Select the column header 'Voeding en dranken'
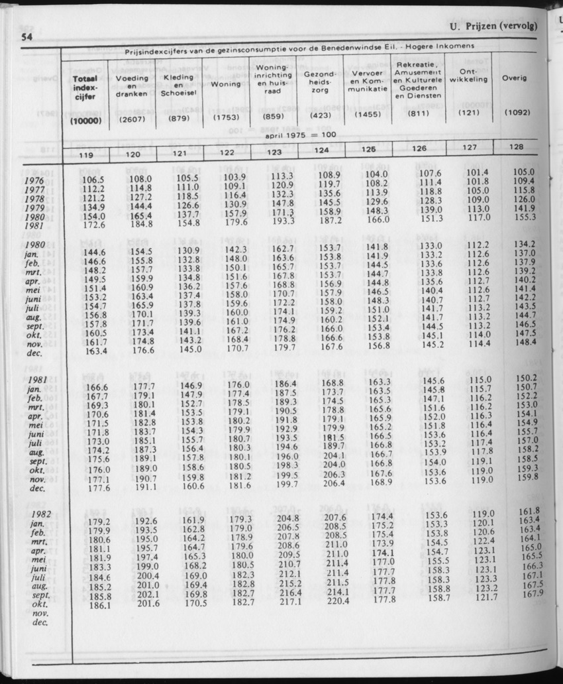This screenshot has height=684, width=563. coord(131,85)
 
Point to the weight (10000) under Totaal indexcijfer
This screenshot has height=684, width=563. coord(84,121)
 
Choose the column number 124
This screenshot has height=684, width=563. coord(322,151)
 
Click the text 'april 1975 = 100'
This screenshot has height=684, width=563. coord(301,135)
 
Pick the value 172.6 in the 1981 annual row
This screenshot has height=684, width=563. coord(93,225)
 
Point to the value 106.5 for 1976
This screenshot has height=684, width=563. coord(93,179)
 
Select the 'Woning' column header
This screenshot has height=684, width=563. coord(225,85)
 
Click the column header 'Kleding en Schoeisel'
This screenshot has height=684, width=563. coord(177,85)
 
